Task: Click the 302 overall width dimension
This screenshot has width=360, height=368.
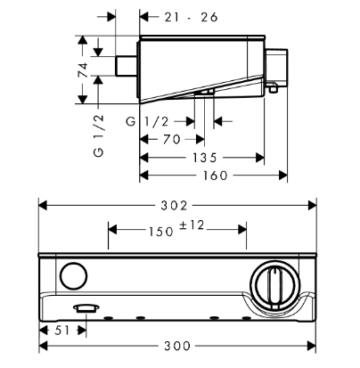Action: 174,206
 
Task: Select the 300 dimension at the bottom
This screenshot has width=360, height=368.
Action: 177,346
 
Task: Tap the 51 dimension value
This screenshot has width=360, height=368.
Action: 62,331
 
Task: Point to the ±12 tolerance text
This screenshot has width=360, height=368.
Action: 192,225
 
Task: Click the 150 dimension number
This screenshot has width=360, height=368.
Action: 160,232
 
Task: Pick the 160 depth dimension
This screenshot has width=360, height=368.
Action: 216,176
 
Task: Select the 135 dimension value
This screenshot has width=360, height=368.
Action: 205,158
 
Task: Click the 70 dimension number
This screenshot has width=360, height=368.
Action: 172,139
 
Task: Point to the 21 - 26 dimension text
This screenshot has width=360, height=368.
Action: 192,17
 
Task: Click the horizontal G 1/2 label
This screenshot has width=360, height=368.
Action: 147,121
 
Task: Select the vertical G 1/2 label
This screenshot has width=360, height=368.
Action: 99,136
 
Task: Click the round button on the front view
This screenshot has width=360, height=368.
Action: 74,276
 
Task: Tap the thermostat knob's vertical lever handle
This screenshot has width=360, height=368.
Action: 274,287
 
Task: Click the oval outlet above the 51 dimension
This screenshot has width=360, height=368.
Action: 86,308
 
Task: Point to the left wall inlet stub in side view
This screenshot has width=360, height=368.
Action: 126,66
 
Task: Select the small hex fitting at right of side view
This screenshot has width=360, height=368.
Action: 273,88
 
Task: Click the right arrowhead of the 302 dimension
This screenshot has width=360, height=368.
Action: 312,206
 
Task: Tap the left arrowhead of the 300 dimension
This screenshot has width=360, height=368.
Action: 44,346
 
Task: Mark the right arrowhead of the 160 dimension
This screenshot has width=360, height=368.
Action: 283,176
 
